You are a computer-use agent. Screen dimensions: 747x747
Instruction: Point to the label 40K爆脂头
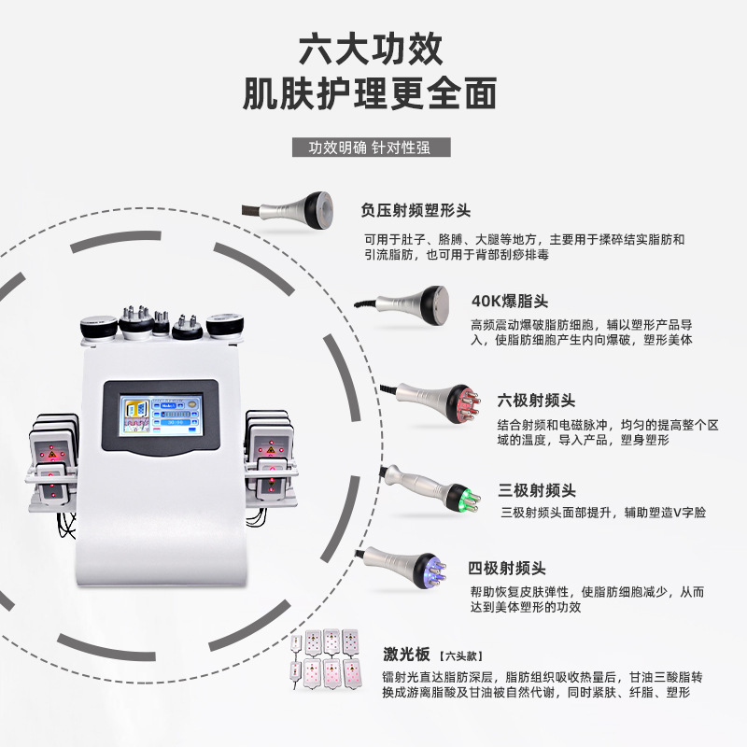(510, 301)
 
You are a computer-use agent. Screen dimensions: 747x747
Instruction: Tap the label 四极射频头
(507, 568)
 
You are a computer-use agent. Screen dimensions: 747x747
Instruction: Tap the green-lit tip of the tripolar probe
(458, 494)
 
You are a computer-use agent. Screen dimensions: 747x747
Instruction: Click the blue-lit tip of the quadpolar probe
(431, 568)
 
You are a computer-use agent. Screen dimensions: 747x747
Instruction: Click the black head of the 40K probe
(438, 303)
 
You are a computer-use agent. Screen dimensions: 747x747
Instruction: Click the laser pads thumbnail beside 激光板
(327, 661)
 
